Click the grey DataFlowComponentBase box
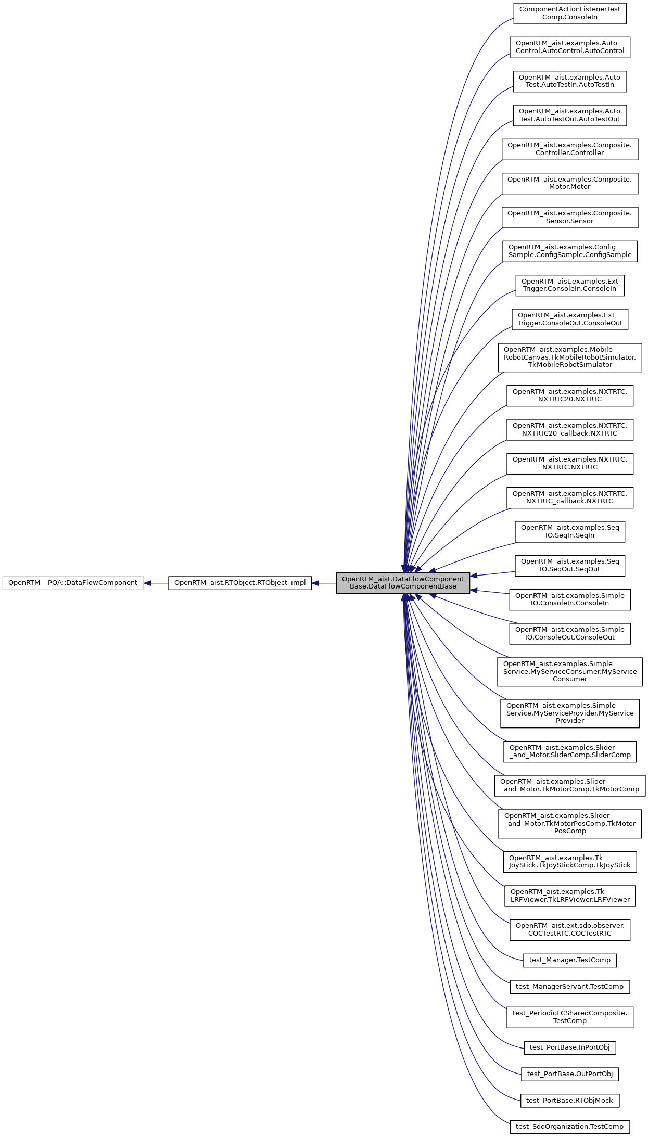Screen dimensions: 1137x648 403,583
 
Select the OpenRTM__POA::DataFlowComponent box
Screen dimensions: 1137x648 73,583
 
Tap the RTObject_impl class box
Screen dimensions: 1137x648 240,583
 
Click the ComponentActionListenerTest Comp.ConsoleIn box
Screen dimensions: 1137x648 569,14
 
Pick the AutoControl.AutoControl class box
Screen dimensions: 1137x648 569,47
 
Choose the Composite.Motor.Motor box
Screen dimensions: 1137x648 569,183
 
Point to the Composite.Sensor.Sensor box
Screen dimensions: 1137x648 569,218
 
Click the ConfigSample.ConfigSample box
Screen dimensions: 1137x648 569,251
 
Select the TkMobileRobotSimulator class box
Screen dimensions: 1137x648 569,357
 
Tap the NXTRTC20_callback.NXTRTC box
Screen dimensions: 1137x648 569,430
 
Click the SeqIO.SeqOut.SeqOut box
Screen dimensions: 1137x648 569,566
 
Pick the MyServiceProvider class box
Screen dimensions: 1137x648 569,713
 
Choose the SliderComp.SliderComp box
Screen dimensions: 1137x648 569,751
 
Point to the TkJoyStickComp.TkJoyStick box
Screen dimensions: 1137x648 569,862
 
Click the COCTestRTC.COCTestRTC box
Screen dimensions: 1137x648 569,930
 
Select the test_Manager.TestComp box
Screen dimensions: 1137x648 569,960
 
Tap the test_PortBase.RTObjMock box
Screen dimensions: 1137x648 569,1101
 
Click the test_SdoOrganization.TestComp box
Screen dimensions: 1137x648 569,1127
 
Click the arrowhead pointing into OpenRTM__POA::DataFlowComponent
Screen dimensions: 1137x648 148,583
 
